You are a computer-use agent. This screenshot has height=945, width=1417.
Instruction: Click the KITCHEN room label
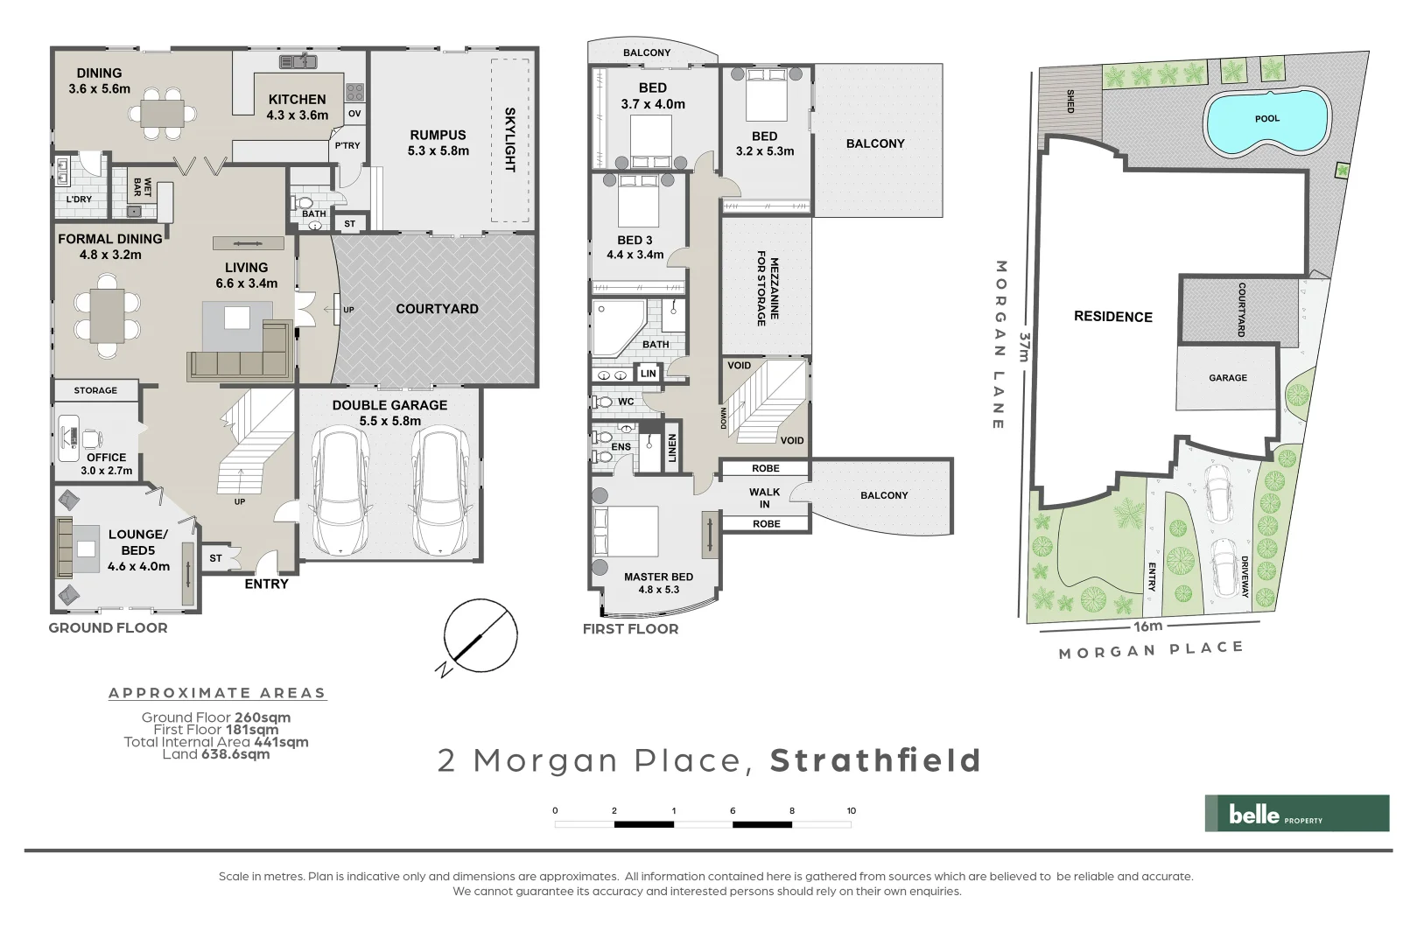pyautogui.click(x=298, y=100)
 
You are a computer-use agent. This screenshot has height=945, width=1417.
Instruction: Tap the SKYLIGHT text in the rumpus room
pyautogui.click(x=509, y=140)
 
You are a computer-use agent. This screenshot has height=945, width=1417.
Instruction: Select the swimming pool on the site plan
pyautogui.click(x=1266, y=121)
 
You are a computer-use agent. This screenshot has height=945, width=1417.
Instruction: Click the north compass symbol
pyautogui.click(x=480, y=636)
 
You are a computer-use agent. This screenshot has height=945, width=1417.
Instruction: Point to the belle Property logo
pyautogui.click(x=1296, y=814)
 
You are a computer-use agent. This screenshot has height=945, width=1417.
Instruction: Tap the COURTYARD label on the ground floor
pyautogui.click(x=437, y=309)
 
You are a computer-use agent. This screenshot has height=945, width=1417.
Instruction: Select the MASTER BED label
pyautogui.click(x=658, y=577)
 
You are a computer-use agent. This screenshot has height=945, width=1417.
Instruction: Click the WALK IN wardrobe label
pyautogui.click(x=764, y=498)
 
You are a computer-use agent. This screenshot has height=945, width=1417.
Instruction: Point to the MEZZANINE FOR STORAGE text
pyautogui.click(x=768, y=289)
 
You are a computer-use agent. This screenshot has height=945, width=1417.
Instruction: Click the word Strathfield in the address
pyautogui.click(x=875, y=760)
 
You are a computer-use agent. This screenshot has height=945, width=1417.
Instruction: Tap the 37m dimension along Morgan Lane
pyautogui.click(x=1024, y=346)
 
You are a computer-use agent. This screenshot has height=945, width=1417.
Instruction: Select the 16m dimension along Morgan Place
pyautogui.click(x=1147, y=626)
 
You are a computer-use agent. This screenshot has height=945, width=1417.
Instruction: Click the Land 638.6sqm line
pyautogui.click(x=216, y=754)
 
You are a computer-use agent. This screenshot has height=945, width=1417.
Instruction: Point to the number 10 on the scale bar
pyautogui.click(x=851, y=811)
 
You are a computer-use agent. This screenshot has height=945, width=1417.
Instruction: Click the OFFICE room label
pyautogui.click(x=106, y=458)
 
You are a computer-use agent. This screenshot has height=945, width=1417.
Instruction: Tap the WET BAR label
pyautogui.click(x=142, y=187)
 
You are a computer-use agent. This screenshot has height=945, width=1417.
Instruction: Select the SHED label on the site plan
pyautogui.click(x=1070, y=101)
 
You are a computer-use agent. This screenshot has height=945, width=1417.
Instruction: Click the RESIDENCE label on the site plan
pyautogui.click(x=1112, y=317)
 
